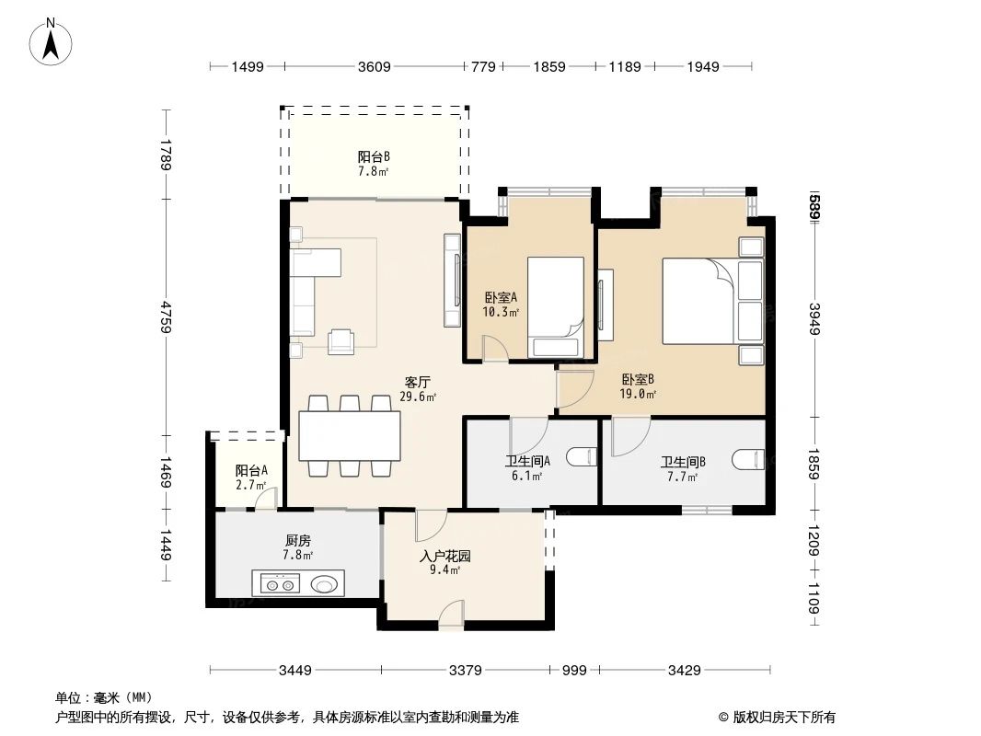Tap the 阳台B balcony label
point(373,162)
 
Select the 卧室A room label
point(501,304)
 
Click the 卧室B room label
point(638,385)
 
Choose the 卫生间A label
point(527,468)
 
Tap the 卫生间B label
point(682,468)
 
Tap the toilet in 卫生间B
point(750,457)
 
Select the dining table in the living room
point(349,436)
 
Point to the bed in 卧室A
point(556,306)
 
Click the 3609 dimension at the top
point(375,66)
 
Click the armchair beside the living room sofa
point(342,341)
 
